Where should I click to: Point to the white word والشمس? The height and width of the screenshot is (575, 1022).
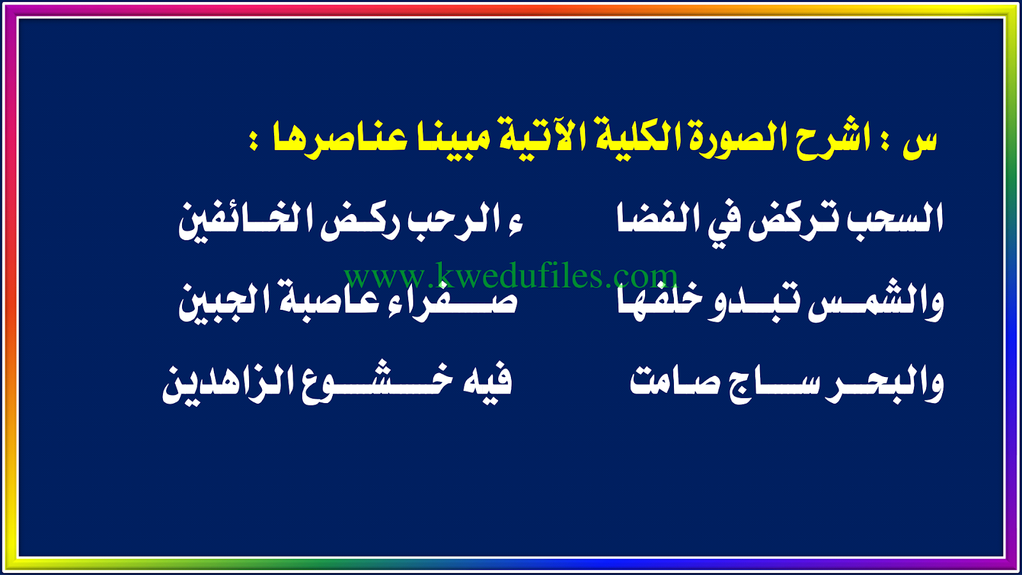pyautogui.click(x=876, y=303)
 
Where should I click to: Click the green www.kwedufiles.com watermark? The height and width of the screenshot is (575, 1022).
pyautogui.click(x=511, y=276)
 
